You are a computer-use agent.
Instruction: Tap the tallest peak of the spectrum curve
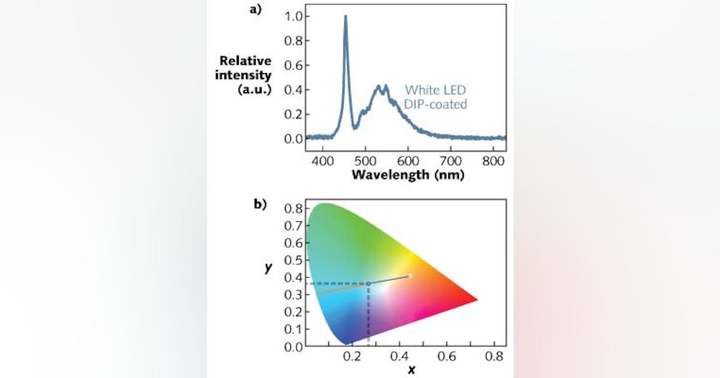345,17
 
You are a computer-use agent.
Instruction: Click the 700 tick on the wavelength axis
451,161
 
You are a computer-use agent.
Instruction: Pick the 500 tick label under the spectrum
366,161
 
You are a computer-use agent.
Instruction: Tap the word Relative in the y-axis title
245,61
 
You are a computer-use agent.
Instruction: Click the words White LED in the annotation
436,90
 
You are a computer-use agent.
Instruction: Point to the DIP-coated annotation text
436,104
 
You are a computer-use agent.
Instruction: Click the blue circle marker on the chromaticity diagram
368,283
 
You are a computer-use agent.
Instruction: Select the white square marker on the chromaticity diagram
410,276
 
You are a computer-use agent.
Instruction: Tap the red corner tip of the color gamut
476,299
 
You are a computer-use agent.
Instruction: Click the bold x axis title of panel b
411,370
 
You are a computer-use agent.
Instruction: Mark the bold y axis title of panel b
267,268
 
